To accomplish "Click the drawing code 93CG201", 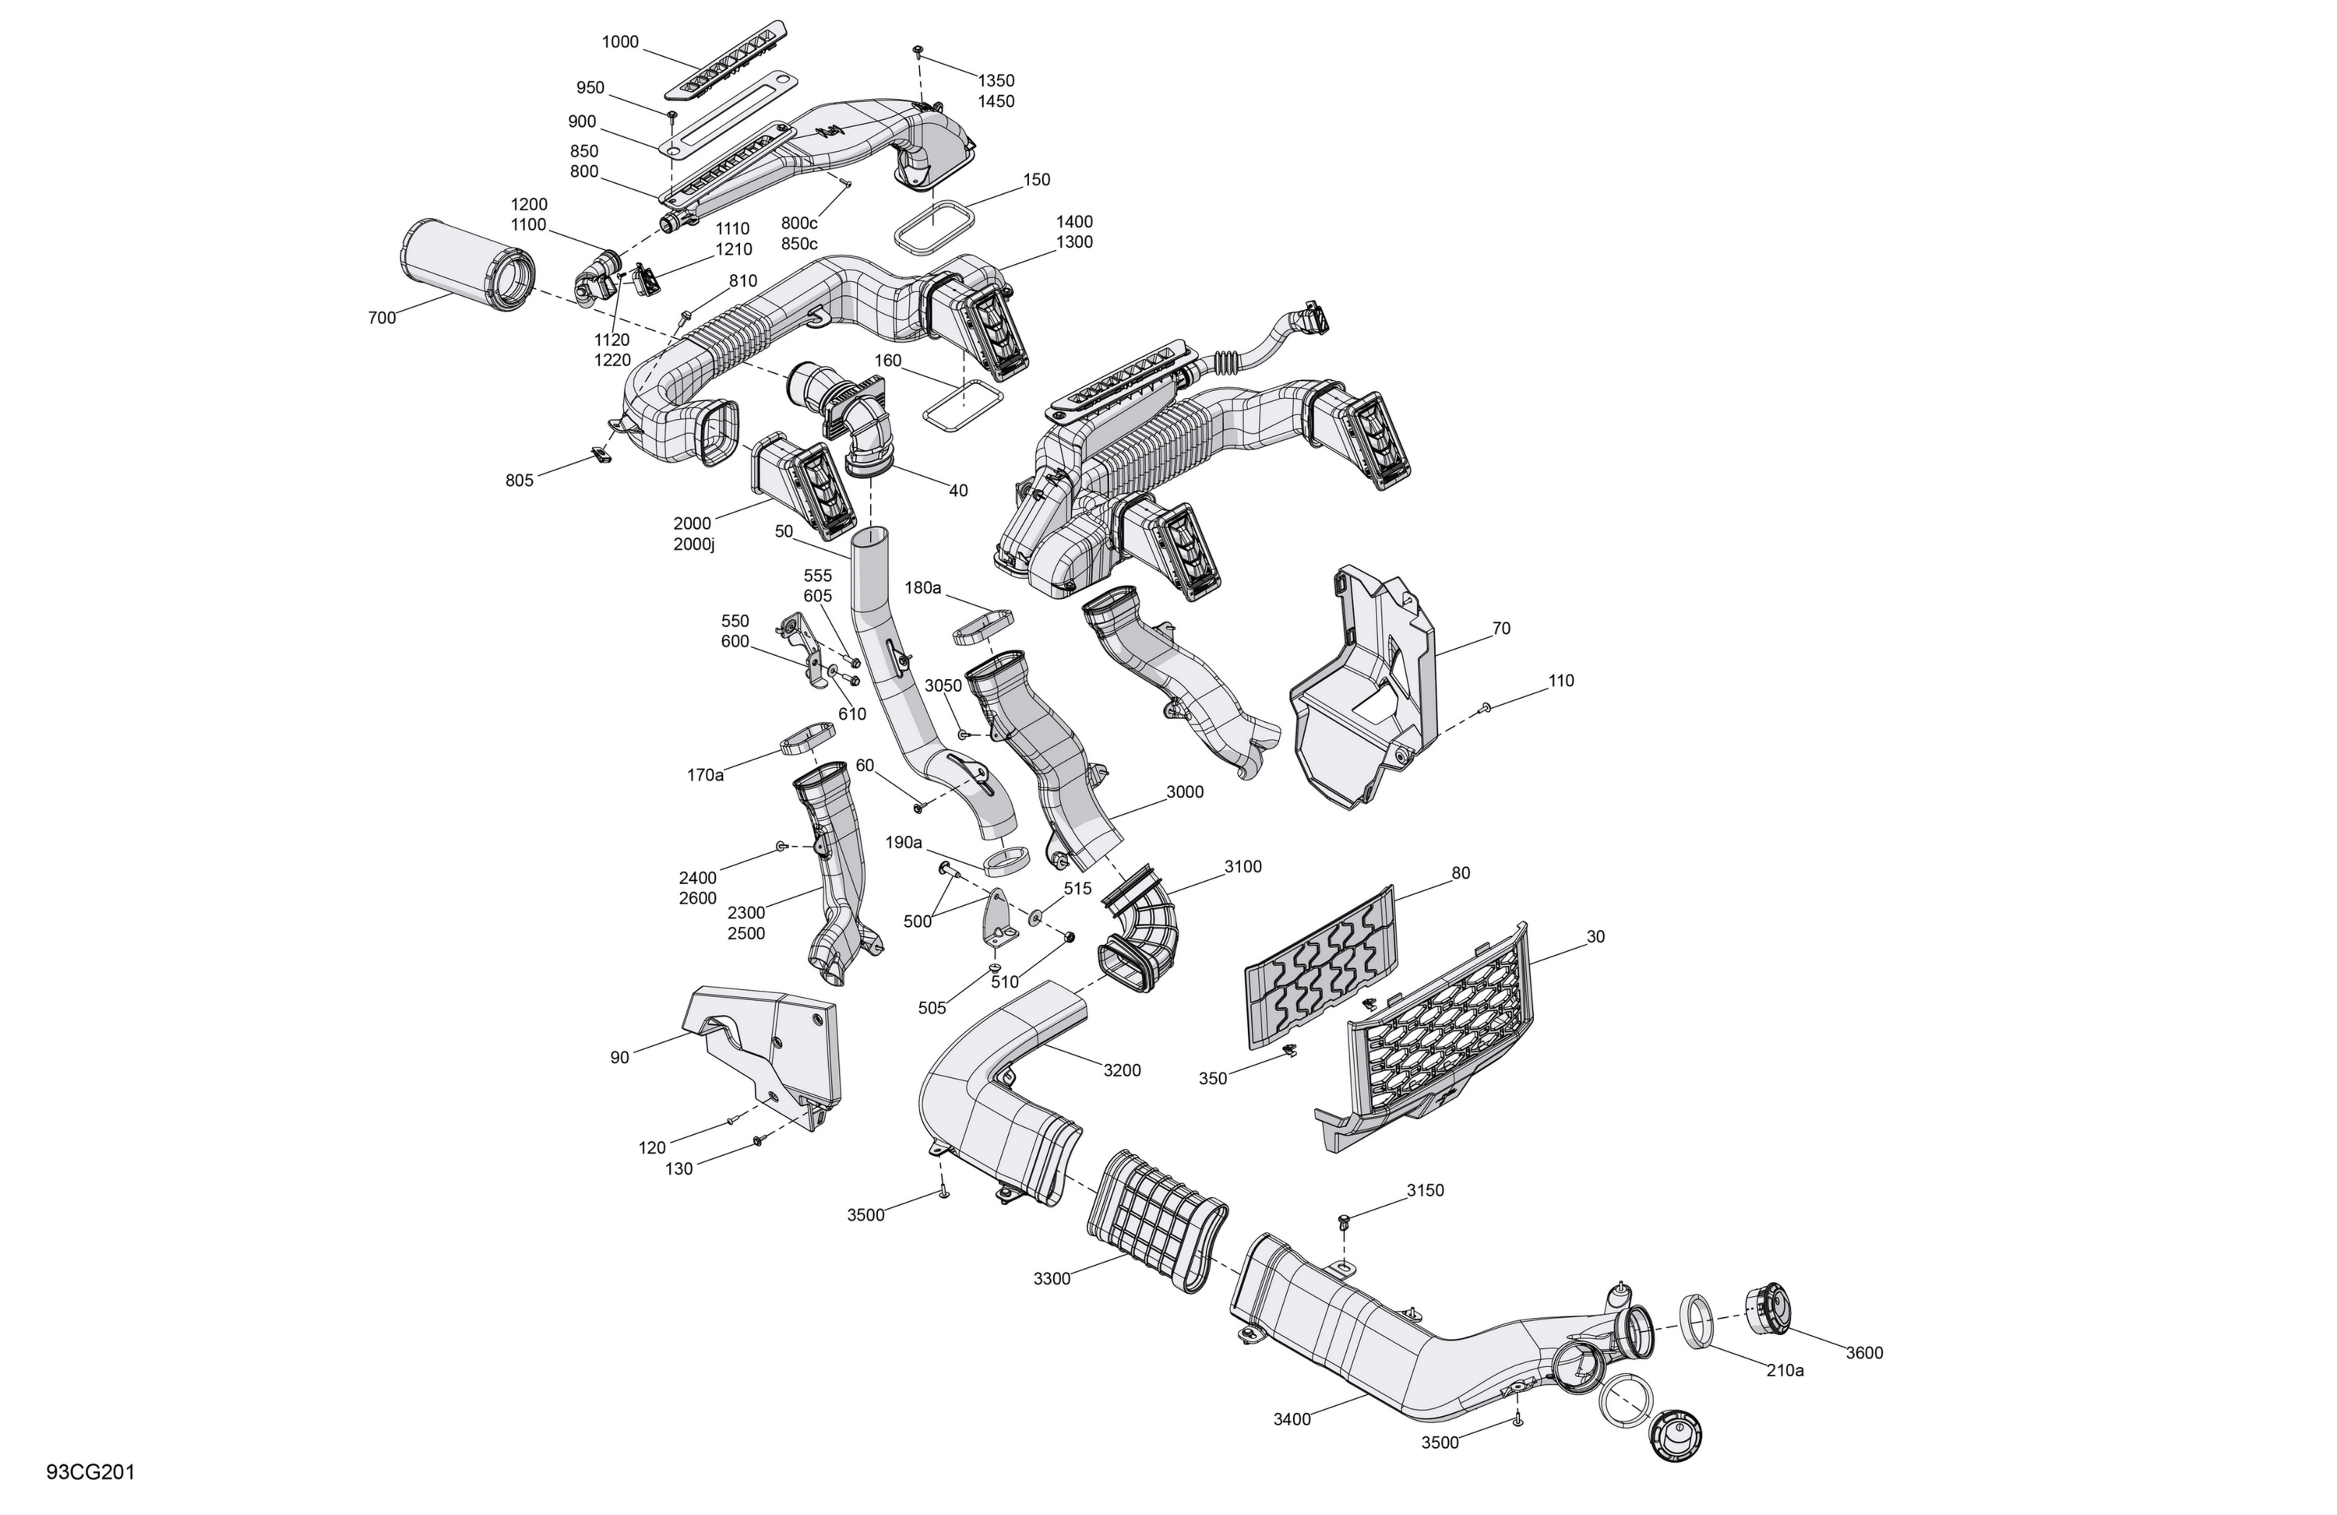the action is click(90, 1472).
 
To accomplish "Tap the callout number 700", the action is click(382, 317).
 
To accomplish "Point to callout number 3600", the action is click(1863, 1352).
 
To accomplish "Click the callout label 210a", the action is click(1785, 1369).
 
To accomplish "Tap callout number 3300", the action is click(1052, 1278).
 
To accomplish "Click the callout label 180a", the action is click(923, 587).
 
